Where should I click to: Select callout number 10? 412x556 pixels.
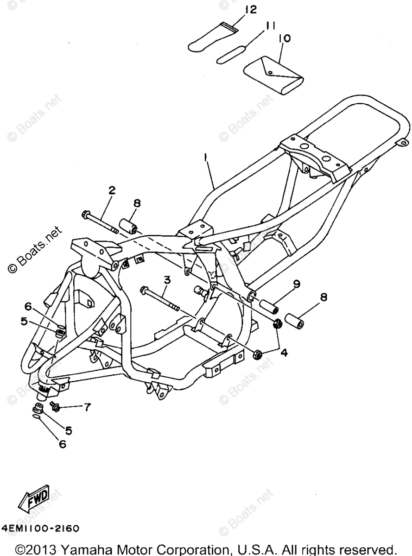[x=285, y=38]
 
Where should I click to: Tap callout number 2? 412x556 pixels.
[x=112, y=190]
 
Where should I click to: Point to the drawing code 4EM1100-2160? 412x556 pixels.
[x=40, y=528]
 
